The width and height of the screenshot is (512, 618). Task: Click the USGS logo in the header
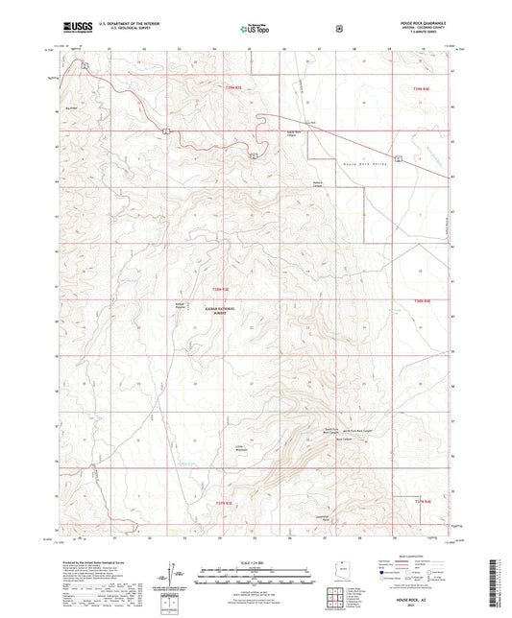click(x=73, y=27)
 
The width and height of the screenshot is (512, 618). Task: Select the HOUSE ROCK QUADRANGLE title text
click(x=427, y=21)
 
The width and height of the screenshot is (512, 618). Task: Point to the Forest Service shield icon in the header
click(x=339, y=29)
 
